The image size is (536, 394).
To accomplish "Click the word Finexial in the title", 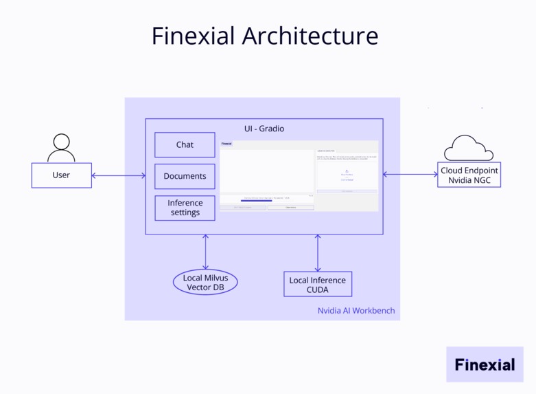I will [x=192, y=36].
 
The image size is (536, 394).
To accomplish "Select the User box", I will [x=61, y=175].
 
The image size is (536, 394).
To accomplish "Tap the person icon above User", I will [x=61, y=146].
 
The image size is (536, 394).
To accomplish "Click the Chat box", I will [x=185, y=145].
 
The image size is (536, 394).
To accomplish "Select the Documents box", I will [x=185, y=176].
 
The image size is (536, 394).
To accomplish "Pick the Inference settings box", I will [x=185, y=208].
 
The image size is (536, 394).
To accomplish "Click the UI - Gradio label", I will [x=264, y=129].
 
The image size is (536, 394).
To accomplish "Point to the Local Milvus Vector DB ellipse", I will [x=205, y=283].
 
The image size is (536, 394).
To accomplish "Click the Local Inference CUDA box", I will [x=318, y=284].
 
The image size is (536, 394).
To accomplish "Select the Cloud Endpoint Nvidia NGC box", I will [x=469, y=175].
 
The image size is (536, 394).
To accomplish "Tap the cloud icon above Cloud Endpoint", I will [x=469, y=147].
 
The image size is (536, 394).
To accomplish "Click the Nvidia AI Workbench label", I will [x=356, y=311].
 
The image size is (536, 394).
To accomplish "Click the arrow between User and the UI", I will [x=119, y=176].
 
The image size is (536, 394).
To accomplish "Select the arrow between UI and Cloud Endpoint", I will [x=410, y=175].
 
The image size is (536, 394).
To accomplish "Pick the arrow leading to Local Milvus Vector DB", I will [x=205, y=252].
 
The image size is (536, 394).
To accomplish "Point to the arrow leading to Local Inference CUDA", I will [x=318, y=252].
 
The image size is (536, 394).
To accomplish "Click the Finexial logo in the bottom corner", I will [x=485, y=364].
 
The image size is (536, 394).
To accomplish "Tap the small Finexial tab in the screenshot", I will [x=226, y=144].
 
